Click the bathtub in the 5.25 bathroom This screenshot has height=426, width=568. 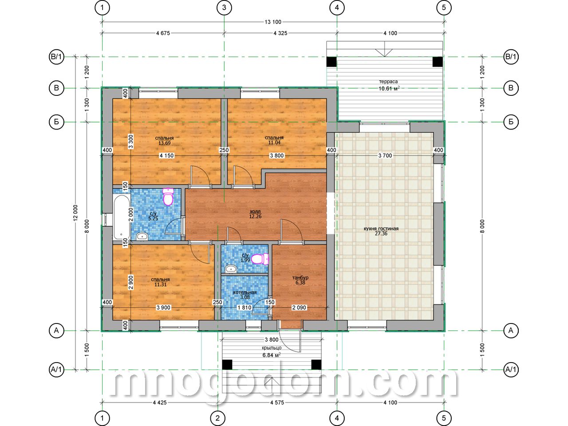point(122,217)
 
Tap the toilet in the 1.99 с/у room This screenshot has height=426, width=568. point(260,259)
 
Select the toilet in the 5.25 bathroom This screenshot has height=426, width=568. point(168,197)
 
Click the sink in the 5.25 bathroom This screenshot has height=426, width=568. point(142,236)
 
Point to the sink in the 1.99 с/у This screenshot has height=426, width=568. point(231,269)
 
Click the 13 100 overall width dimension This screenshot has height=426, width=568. point(273,22)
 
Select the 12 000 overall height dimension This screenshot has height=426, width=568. point(75,213)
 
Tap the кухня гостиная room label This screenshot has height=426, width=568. point(381,229)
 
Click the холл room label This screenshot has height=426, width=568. point(255,211)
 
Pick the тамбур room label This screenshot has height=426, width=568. point(300,278)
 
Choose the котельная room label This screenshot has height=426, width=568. point(245,292)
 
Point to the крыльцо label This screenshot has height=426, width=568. point(272,348)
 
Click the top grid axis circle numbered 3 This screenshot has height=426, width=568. point(224,8)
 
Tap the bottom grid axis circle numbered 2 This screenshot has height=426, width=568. point(217,418)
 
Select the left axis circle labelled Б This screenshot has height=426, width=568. point(56,122)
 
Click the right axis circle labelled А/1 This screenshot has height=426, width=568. point(511,370)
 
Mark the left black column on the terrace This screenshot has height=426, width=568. point(331,62)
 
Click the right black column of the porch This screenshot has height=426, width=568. point(316,365)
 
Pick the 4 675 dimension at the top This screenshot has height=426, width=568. point(163,33)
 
